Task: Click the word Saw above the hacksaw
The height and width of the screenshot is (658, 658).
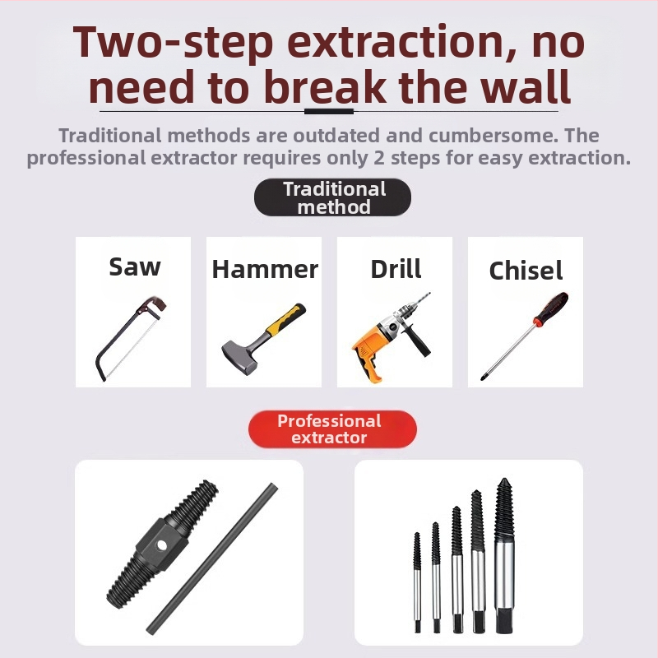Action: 135,266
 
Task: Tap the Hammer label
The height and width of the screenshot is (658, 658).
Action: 265,269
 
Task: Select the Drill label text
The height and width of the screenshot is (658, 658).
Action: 396,269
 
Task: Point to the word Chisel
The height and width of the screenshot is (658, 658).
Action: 526,271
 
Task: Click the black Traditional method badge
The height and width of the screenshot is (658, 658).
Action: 333,197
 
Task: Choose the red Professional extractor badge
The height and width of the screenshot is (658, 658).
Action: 333,429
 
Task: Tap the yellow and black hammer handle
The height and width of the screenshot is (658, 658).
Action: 285,320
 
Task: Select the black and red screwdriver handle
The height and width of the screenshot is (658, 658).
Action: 551,308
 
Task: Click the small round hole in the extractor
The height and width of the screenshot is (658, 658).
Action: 161,545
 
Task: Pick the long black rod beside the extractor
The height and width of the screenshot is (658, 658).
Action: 212,558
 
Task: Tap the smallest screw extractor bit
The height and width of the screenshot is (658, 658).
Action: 417,582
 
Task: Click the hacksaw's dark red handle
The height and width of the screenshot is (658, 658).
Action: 157,303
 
